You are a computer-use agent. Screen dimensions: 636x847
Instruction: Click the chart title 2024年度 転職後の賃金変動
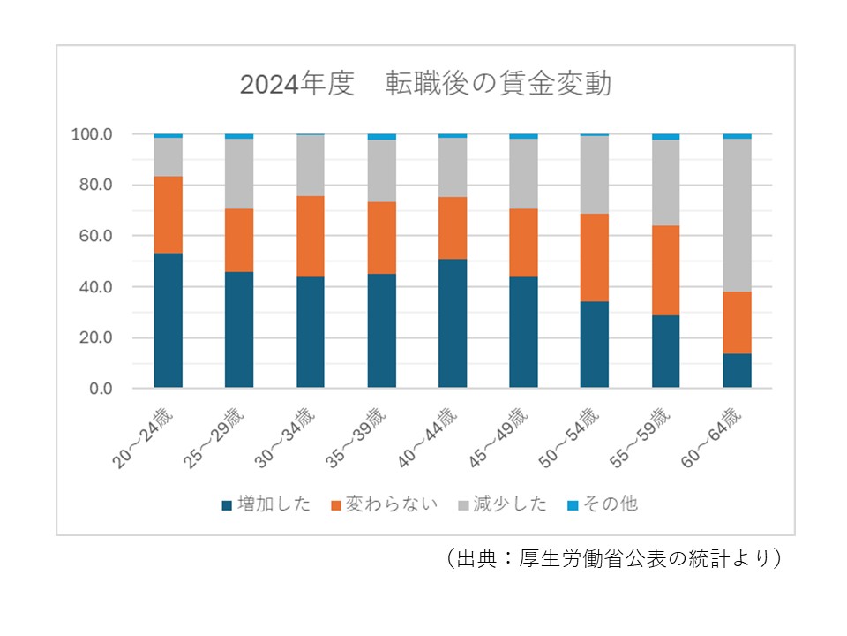pyautogui.click(x=425, y=85)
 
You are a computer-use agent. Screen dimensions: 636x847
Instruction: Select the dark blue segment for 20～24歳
pyautogui.click(x=168, y=321)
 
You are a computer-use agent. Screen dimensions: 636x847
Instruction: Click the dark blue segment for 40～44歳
pyautogui.click(x=453, y=323)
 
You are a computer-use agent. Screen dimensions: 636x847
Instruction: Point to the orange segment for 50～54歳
pyautogui.click(x=595, y=257)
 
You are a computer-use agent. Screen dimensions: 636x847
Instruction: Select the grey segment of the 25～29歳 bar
pyautogui.click(x=239, y=173)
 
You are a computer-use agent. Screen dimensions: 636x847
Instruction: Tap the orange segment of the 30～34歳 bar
pyautogui.click(x=311, y=236)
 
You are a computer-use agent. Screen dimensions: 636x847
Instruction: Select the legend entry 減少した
pyautogui.click(x=501, y=505)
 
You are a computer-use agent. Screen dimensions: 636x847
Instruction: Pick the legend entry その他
pyautogui.click(x=603, y=505)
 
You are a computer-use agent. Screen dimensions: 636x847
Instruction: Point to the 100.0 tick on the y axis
pyautogui.click(x=92, y=134)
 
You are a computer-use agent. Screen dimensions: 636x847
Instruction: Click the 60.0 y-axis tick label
pyautogui.click(x=95, y=236)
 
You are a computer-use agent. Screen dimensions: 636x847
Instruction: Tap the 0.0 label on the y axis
pyautogui.click(x=99, y=389)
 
